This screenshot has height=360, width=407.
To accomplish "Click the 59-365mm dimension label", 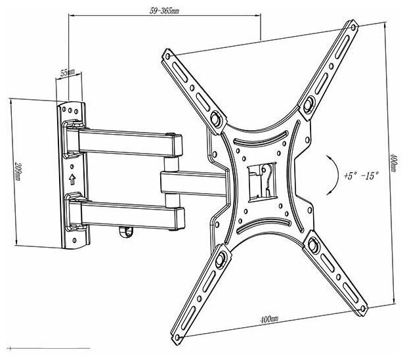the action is point(164,11).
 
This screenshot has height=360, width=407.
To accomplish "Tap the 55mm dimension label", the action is point(68,72).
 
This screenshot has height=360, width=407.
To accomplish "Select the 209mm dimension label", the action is point(18,171).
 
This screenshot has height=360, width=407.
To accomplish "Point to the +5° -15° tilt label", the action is point(361,175).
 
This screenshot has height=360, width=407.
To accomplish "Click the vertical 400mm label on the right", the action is point(393,162).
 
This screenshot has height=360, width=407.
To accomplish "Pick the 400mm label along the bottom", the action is point(269,319).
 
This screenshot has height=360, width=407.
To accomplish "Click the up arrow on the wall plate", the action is point(72,179).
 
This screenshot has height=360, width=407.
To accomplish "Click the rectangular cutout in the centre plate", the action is point(261,182).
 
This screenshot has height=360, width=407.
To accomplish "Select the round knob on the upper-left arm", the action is point(215,119).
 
